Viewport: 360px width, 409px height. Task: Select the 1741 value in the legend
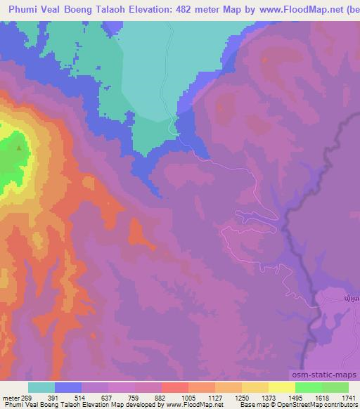click(x=349, y=396)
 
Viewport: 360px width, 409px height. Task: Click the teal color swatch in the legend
click(x=41, y=387)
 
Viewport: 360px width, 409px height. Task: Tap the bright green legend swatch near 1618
click(x=308, y=387)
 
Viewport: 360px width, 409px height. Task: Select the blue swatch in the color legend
click(x=68, y=387)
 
